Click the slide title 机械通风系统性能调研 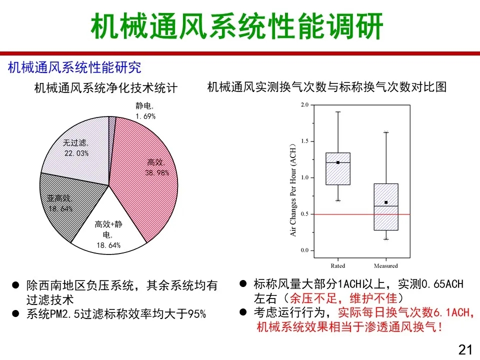click(x=237, y=26)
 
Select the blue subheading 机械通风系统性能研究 click(x=74, y=67)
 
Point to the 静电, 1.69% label click(x=145, y=111)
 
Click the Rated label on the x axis click(x=337, y=265)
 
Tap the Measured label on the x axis click(x=385, y=265)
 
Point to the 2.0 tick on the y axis click(x=304, y=104)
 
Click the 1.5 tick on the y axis click(x=304, y=141)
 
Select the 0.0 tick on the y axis click(x=304, y=250)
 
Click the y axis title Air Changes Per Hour click(x=293, y=190)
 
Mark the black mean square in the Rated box click(x=338, y=162)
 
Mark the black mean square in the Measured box click(x=386, y=202)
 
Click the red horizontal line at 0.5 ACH click(x=362, y=214)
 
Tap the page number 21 click(x=465, y=349)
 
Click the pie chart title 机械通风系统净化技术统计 click(x=106, y=88)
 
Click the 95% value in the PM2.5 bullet click(x=196, y=314)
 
